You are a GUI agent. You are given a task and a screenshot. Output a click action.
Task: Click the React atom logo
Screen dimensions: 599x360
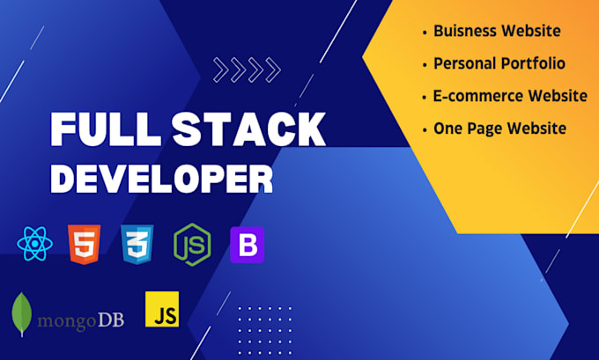[34, 244]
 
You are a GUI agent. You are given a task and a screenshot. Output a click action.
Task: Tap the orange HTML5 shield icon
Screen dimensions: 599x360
[84, 245]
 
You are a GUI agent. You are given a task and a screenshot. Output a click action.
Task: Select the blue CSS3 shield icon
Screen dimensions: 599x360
[137, 245]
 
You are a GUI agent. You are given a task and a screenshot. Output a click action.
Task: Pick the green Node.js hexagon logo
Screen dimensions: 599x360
[192, 245]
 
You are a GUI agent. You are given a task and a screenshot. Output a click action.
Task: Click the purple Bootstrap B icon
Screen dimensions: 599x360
[248, 245]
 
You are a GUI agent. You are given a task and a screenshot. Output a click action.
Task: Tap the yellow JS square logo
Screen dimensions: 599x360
[162, 309]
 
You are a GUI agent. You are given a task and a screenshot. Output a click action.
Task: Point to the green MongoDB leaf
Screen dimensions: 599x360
[22, 314]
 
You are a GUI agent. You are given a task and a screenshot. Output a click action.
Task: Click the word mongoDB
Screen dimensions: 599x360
[81, 320]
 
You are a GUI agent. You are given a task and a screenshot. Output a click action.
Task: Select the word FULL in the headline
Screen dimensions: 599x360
[106, 129]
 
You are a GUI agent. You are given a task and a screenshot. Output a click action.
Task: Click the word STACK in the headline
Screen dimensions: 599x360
[248, 129]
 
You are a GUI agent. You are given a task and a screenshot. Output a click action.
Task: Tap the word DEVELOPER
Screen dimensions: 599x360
[161, 179]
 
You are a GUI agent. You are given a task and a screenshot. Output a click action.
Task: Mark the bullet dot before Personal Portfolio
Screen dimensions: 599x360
[425, 65]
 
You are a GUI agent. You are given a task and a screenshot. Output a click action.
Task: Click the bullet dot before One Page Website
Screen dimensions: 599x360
[425, 130]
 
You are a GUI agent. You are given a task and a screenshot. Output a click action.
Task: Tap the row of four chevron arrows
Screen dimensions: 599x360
[247, 70]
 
